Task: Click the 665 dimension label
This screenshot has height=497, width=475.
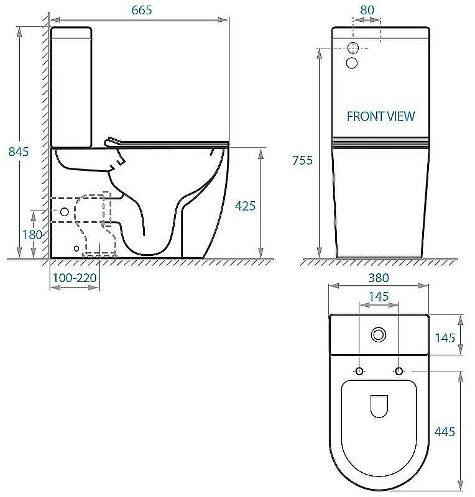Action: tap(142, 10)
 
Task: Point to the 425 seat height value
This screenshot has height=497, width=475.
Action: tap(245, 206)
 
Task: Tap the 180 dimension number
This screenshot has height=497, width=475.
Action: tap(32, 234)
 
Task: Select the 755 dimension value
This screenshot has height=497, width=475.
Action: tap(302, 160)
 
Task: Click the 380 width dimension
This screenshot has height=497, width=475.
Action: tap(378, 278)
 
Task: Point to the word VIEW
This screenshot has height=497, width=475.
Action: tap(400, 116)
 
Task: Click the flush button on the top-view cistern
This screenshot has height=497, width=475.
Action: tap(378, 334)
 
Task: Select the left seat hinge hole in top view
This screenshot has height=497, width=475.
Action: tap(359, 371)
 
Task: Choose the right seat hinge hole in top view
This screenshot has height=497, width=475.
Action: tap(398, 371)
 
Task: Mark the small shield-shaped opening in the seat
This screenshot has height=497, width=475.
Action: tap(378, 406)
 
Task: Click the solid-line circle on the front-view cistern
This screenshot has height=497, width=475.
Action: tap(352, 62)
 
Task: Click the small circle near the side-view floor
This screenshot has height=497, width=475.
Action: tap(76, 248)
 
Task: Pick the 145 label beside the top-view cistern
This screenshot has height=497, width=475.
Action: tap(445, 338)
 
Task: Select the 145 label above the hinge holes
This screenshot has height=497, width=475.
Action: tap(379, 297)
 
